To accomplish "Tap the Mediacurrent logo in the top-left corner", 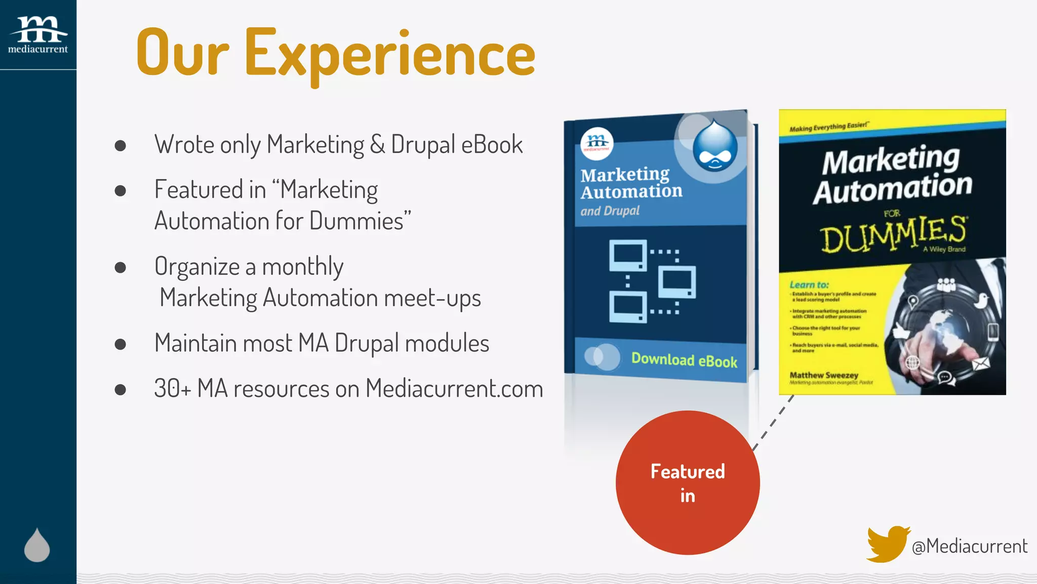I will pyautogui.click(x=38, y=34).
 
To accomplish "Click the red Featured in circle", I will pyautogui.click(x=687, y=483).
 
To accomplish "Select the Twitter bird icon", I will pyautogui.click(x=887, y=544).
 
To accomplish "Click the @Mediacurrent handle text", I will pyautogui.click(x=969, y=546).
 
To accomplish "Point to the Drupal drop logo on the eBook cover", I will pyautogui.click(x=714, y=145).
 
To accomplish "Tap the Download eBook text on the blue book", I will pyautogui.click(x=684, y=360).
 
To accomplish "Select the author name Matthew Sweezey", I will pyautogui.click(x=824, y=375).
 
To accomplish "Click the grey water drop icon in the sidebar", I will pyautogui.click(x=37, y=545).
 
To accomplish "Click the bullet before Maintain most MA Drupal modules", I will pyautogui.click(x=120, y=344).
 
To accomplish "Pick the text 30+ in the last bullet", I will pyautogui.click(x=172, y=389).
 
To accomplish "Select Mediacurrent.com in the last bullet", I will pyautogui.click(x=454, y=389).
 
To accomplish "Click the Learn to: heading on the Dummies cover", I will pyautogui.click(x=809, y=285).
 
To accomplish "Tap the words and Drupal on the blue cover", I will pyautogui.click(x=610, y=211).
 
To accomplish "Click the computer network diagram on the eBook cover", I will pyautogui.click(x=652, y=281).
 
